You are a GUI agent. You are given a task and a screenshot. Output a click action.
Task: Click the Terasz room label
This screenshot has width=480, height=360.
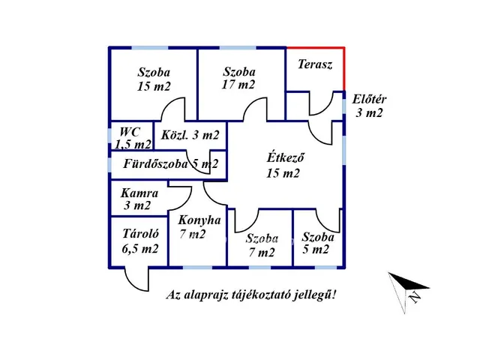(x=315, y=64)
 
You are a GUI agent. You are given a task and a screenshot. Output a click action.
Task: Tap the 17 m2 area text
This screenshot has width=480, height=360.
(x=238, y=85)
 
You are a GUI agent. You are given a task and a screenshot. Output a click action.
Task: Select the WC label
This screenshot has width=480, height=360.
(x=130, y=132)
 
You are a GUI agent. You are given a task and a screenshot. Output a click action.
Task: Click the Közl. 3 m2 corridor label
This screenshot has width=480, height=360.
(x=190, y=135)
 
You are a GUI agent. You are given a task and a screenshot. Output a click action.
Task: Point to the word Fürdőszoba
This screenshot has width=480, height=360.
(x=155, y=163)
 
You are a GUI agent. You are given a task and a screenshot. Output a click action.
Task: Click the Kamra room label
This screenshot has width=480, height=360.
(x=139, y=193)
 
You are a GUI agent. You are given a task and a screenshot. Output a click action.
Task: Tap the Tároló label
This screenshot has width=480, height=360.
(x=141, y=233)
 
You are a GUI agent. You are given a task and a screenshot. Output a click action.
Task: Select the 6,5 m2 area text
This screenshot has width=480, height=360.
(x=140, y=248)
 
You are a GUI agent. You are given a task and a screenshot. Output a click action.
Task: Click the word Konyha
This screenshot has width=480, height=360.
(x=199, y=220)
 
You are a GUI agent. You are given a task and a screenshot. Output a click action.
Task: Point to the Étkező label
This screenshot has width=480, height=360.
(x=285, y=157)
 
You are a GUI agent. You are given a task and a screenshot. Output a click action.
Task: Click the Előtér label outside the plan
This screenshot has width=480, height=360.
(x=369, y=99)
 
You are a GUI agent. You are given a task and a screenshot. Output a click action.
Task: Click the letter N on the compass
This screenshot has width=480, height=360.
(x=415, y=296)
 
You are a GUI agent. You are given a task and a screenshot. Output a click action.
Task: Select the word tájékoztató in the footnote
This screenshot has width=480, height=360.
(x=261, y=295)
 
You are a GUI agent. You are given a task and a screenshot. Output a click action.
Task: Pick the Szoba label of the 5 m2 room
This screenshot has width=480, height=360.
(x=318, y=237)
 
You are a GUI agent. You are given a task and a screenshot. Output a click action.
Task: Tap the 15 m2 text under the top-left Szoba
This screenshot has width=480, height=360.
(x=154, y=86)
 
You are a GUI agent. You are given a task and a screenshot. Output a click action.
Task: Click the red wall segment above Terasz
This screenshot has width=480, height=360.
(x=315, y=48)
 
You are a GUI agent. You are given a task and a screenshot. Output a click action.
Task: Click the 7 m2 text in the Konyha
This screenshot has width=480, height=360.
(x=192, y=234)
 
